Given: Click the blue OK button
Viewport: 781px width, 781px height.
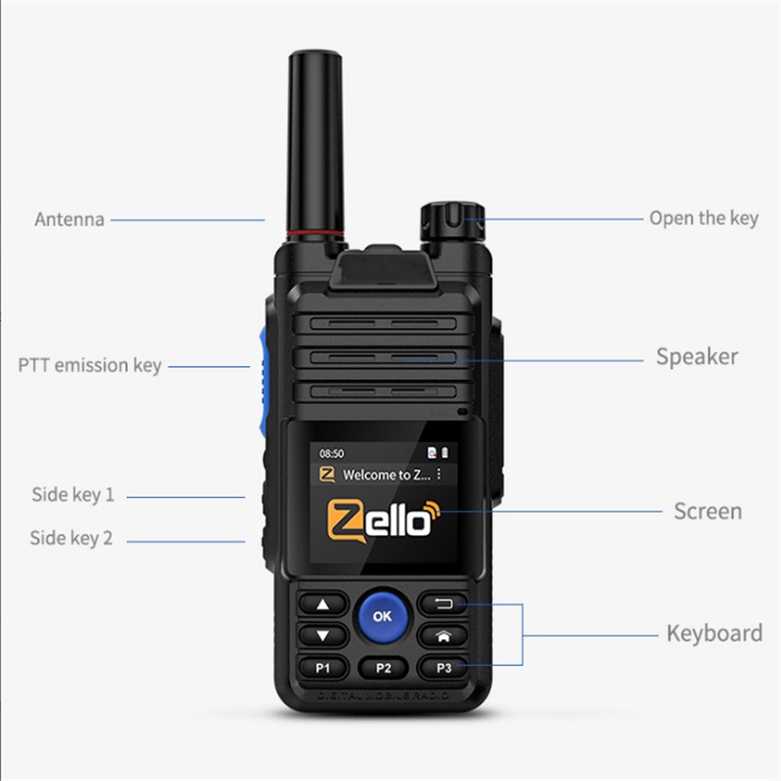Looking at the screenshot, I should tap(383, 616).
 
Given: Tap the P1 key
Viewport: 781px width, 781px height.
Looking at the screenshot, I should tap(322, 668).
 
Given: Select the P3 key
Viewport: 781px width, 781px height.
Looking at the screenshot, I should tap(444, 668).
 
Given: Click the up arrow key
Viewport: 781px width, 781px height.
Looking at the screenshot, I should tap(322, 604).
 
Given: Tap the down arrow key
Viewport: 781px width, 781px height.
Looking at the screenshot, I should tap(322, 636).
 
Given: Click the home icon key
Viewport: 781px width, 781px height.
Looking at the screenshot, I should tap(444, 636).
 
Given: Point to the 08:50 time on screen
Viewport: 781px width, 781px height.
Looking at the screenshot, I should tap(333, 454).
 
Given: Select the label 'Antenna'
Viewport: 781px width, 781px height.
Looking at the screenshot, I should tap(69, 220).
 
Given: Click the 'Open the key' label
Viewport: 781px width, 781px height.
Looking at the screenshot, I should tap(703, 219).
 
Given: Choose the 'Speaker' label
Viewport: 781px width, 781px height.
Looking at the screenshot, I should tap(697, 357).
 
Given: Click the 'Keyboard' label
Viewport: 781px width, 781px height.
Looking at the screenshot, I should tap(714, 634).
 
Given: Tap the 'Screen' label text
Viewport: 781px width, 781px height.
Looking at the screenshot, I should tap(708, 511).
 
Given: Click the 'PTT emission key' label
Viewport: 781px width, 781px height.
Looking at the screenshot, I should tap(90, 366).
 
